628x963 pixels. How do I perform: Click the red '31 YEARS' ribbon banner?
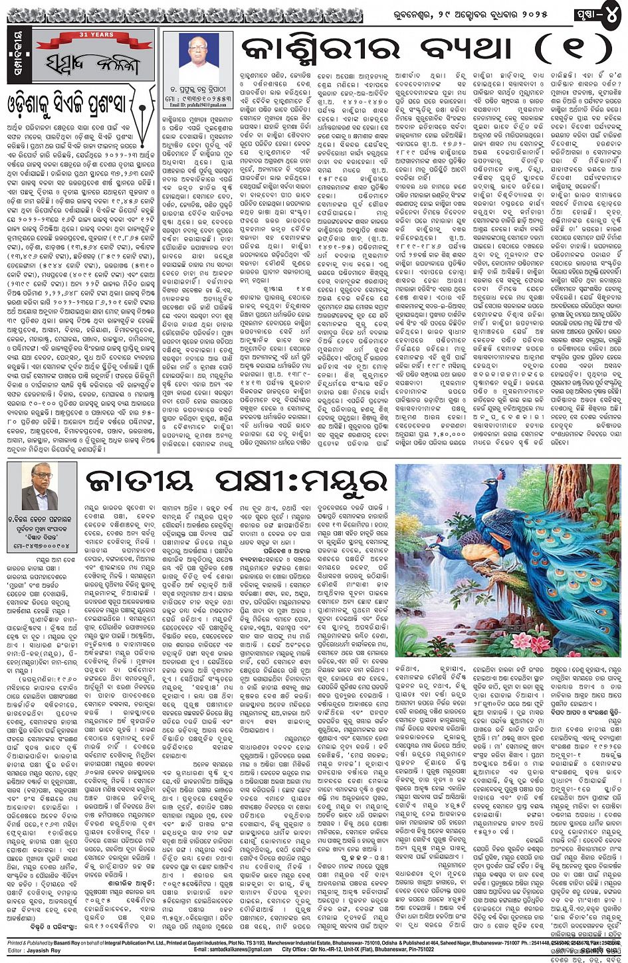point(88,35)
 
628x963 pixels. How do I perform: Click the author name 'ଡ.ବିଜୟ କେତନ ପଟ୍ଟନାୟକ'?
point(42,518)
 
